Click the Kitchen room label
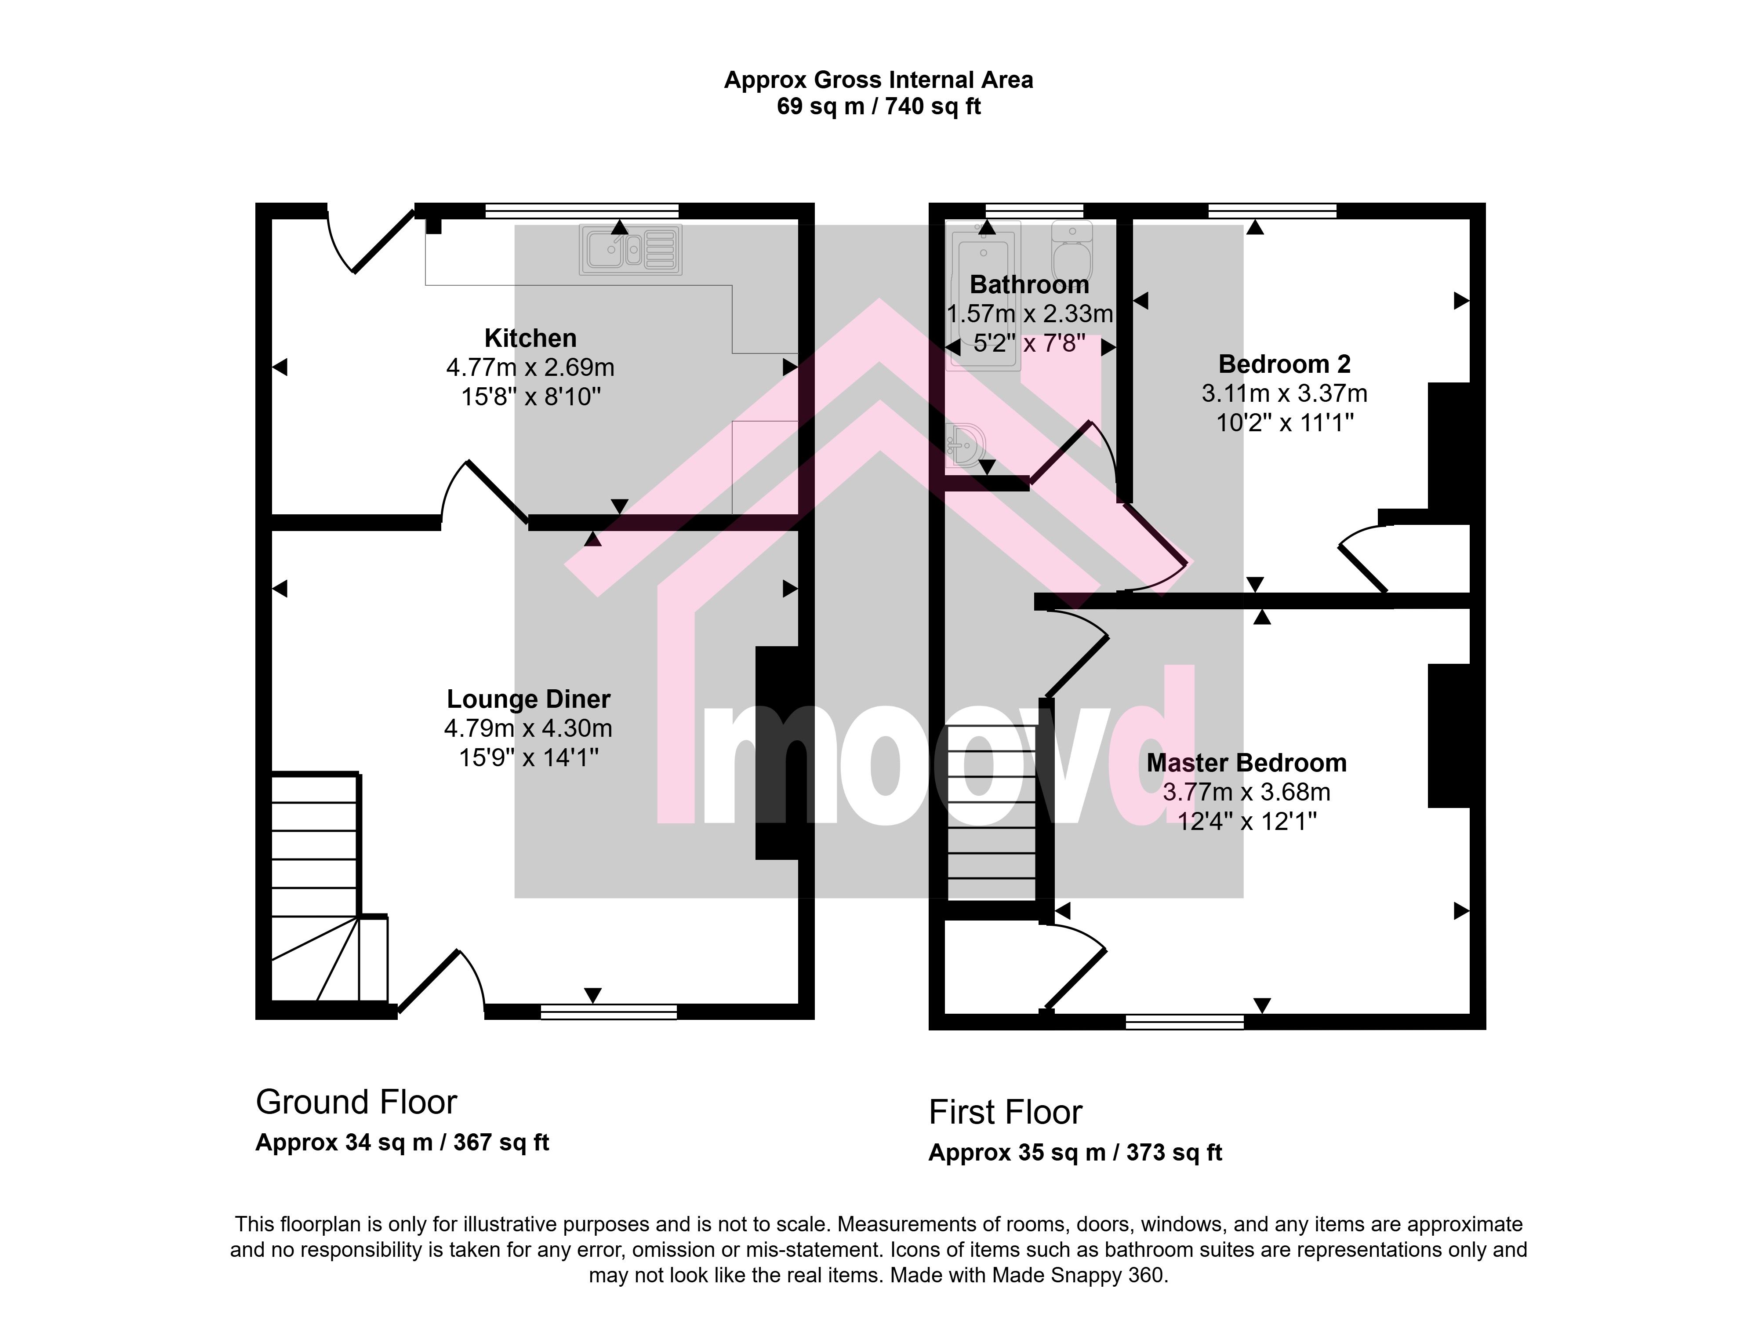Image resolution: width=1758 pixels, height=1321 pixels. [x=530, y=338]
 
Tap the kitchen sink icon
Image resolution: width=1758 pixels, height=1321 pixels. [x=630, y=250]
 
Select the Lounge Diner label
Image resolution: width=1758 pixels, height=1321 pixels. [x=529, y=699]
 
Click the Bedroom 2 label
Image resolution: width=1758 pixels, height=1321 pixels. [x=1284, y=365]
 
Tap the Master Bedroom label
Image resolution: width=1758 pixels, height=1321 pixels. [x=1246, y=763]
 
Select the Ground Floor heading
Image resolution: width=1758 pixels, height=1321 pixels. [x=356, y=1103]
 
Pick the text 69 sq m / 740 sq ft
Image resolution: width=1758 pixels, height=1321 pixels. [x=878, y=106]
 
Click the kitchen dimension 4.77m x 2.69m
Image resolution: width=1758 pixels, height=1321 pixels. [x=530, y=368]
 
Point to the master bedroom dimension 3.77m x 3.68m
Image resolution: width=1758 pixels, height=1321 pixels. [x=1246, y=793]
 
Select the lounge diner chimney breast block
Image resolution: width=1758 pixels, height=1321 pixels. [x=777, y=753]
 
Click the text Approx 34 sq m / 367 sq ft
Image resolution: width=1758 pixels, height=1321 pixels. [x=402, y=1143]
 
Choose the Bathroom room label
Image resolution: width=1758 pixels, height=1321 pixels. [x=1029, y=284]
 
